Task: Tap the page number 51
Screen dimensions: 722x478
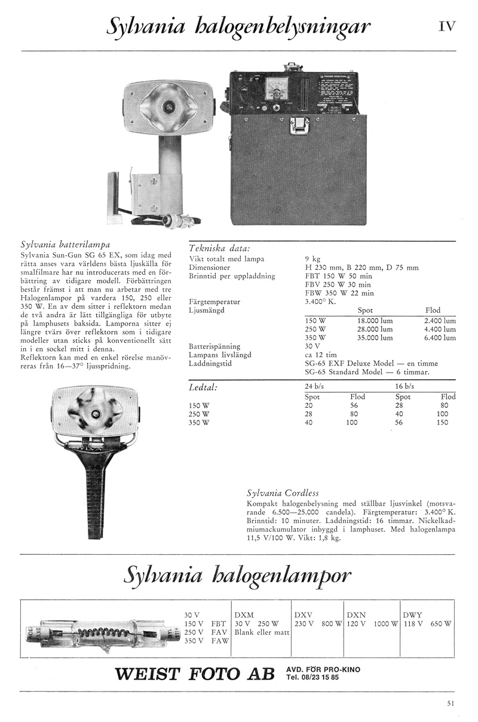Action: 451,703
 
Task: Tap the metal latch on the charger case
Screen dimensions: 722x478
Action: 298,125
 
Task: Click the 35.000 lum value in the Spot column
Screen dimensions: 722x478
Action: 375,337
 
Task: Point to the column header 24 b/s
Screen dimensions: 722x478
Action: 314,386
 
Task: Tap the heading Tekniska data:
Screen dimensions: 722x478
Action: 219,248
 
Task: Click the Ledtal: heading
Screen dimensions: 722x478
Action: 202,388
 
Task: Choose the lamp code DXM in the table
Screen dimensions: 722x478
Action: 244,615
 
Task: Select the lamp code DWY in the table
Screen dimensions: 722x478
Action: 413,615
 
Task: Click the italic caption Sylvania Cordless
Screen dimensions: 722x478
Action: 283,493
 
